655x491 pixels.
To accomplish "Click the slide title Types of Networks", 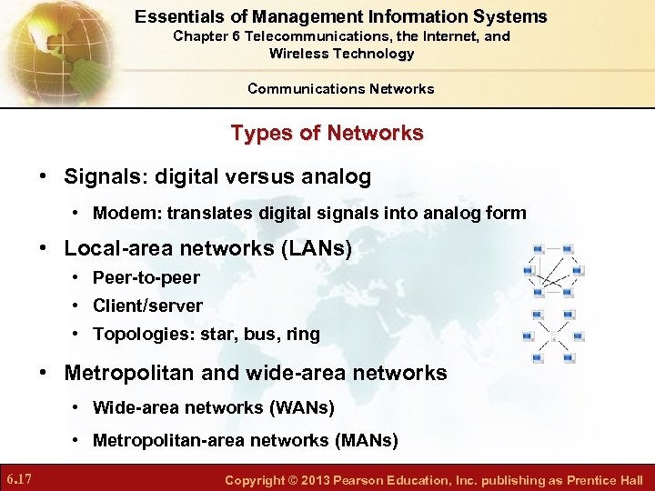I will pyautogui.click(x=327, y=134).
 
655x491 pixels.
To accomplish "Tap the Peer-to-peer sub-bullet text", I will pyautogui.click(x=146, y=277).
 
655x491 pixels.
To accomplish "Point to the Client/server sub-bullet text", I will pyautogui.click(x=147, y=306).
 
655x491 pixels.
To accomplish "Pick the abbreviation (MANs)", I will pyautogui.click(x=366, y=441).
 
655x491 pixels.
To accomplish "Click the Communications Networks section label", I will pyautogui.click(x=340, y=88).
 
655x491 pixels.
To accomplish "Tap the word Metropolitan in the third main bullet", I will pyautogui.click(x=126, y=373).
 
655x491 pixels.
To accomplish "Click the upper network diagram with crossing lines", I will pyautogui.click(x=552, y=270).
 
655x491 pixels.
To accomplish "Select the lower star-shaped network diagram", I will pyautogui.click(x=552, y=336).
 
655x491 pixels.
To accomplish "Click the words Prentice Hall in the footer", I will pyautogui.click(x=605, y=480).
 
